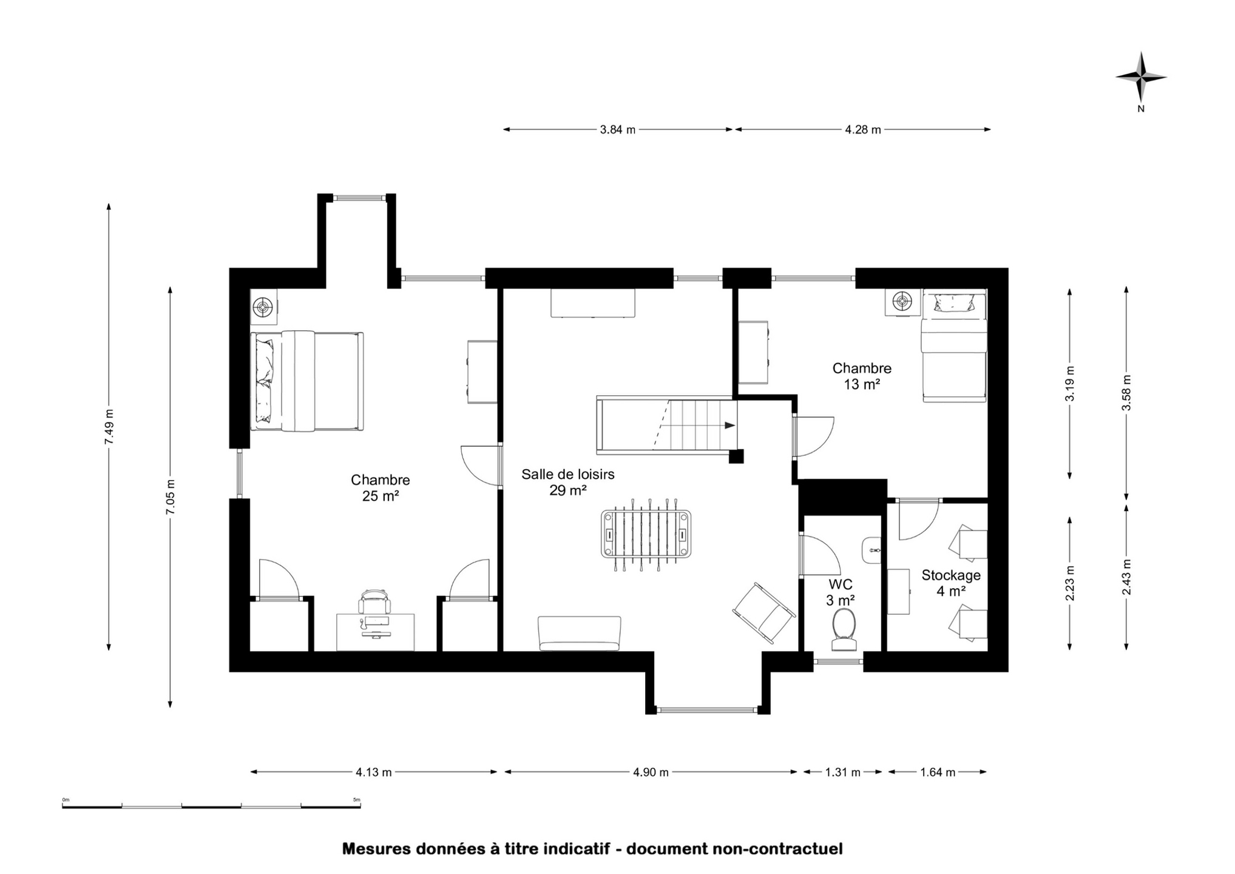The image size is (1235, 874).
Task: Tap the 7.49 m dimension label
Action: (109, 427)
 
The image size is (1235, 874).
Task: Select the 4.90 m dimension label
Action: (651, 772)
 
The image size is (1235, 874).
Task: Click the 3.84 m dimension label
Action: (618, 129)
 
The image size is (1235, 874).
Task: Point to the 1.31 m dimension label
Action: (842, 772)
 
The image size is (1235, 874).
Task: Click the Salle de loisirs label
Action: (568, 475)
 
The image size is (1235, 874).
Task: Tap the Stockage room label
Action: (951, 575)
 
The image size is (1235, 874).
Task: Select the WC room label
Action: (841, 584)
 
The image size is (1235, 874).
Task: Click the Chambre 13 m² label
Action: (862, 376)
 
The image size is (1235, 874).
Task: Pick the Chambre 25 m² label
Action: (381, 488)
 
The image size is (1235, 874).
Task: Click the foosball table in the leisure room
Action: (646, 535)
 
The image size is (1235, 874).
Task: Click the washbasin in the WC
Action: (871, 550)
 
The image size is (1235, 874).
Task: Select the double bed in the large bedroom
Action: (307, 381)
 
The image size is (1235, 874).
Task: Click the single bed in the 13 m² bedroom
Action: (953, 346)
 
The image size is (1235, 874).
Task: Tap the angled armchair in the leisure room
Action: (764, 614)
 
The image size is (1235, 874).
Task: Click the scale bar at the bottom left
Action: (211, 806)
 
